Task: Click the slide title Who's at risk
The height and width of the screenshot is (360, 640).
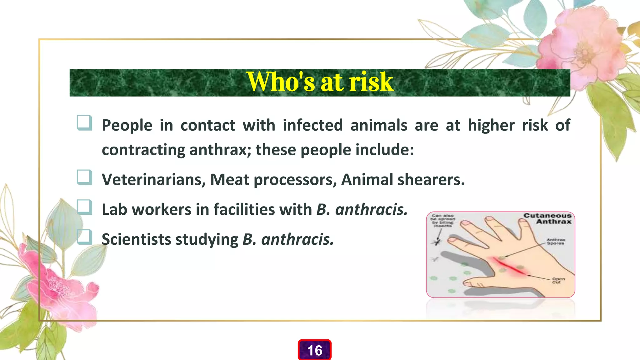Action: coord(320,82)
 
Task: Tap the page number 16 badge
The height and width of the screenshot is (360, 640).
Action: coord(314,350)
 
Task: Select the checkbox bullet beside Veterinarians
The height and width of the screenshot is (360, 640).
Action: coord(84,177)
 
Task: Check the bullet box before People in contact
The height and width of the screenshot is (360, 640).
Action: coord(84,123)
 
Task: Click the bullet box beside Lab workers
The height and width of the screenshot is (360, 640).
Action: coord(84,207)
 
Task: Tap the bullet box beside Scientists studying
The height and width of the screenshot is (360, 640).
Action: coord(84,237)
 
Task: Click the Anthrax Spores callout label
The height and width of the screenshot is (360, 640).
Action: coord(556,241)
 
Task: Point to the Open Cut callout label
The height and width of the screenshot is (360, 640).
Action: coord(558,280)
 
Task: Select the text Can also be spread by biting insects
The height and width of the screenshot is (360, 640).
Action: coord(442,220)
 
